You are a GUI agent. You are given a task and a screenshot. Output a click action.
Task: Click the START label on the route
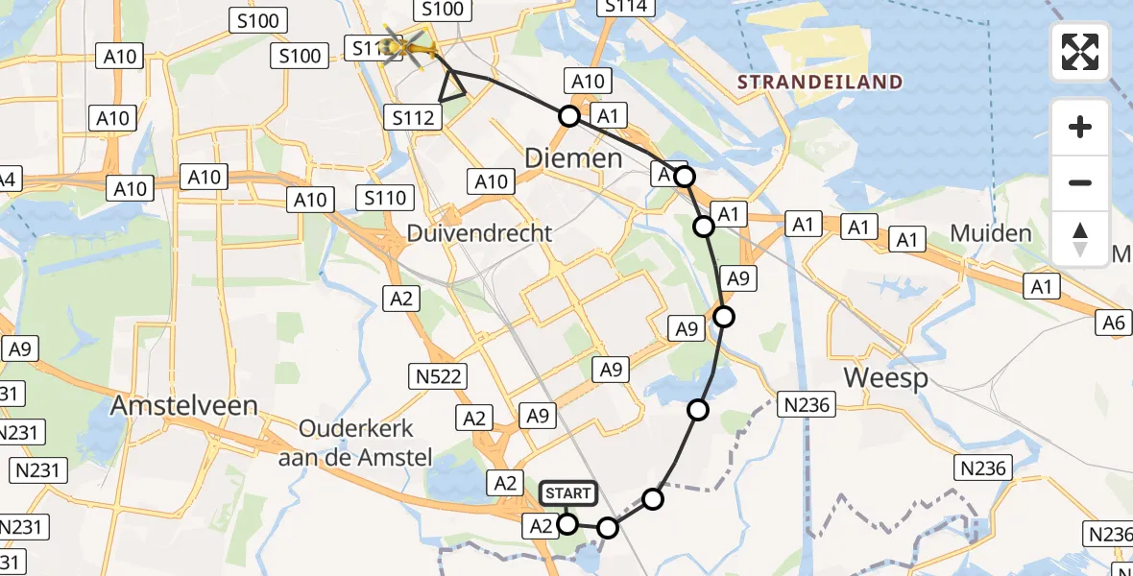click(567, 494)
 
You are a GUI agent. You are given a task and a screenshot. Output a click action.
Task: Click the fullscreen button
click(1080, 52)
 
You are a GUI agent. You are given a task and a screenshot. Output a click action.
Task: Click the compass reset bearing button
click(1080, 239)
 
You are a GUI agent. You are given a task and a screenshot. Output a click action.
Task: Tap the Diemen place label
click(573, 157)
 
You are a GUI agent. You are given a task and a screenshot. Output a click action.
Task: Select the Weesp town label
click(885, 377)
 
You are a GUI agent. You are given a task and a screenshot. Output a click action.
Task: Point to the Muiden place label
click(990, 233)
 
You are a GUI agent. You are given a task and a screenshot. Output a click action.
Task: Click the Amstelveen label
click(184, 405)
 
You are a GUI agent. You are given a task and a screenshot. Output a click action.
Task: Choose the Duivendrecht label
click(479, 233)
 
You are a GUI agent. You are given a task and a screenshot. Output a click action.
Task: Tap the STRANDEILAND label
click(820, 82)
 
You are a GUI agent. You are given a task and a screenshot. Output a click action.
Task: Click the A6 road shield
click(1113, 324)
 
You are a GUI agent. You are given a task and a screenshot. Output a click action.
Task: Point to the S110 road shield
click(385, 199)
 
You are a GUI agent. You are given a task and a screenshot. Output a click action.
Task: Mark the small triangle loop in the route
click(452, 87)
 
